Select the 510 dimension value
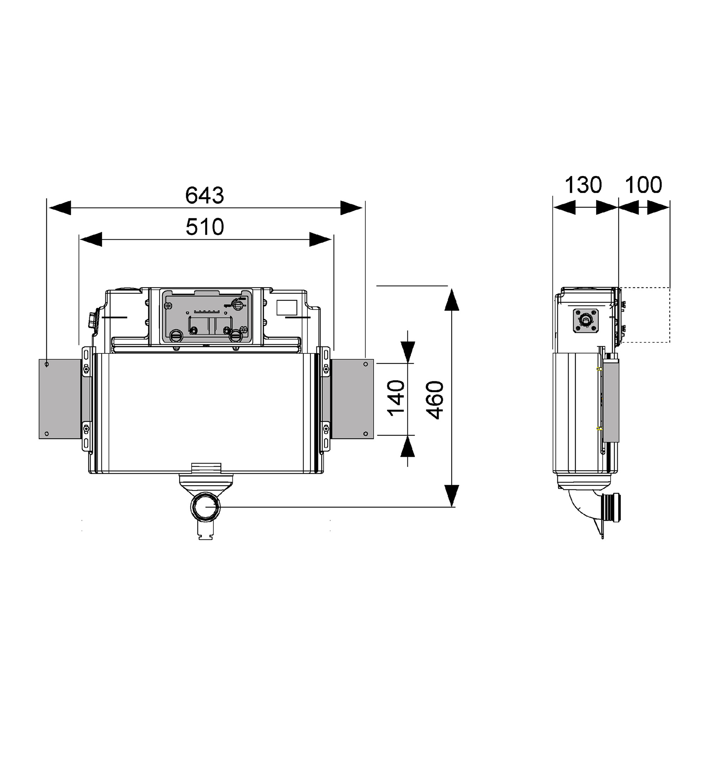pyautogui.click(x=205, y=227)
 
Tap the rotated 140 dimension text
pyautogui.click(x=396, y=398)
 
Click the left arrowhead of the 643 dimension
pyautogui.click(x=60, y=208)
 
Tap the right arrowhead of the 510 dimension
pyautogui.click(x=320, y=240)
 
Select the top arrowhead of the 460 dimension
pyautogui.click(x=452, y=300)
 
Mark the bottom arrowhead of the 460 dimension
pyautogui.click(x=452, y=496)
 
